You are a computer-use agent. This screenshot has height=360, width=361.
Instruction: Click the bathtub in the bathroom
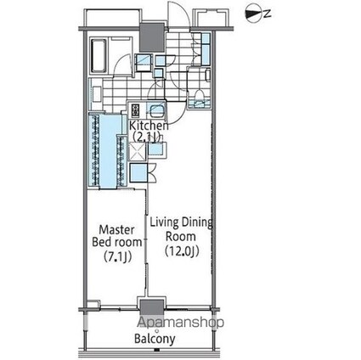tap(99, 55)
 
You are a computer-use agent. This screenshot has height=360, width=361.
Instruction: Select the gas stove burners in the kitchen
tap(135, 110)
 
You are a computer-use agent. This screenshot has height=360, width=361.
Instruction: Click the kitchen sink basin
tap(155, 111)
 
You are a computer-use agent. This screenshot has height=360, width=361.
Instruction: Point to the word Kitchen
tap(149, 126)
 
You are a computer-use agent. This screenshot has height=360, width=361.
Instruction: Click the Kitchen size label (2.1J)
tap(146, 138)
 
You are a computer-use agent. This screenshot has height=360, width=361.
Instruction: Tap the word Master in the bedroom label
tap(116, 230)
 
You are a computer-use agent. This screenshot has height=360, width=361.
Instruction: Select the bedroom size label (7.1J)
tap(118, 256)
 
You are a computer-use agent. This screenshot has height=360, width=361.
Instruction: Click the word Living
tap(164, 222)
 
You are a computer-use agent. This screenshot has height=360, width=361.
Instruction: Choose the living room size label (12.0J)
tap(182, 250)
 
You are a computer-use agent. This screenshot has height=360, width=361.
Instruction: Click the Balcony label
tap(155, 339)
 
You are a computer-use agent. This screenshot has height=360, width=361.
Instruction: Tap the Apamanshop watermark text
tap(181, 322)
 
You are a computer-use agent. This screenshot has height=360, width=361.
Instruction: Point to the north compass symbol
tap(254, 14)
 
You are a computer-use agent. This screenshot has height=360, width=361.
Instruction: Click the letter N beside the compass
tap(268, 14)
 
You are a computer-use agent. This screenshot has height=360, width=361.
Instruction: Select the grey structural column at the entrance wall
tap(152, 37)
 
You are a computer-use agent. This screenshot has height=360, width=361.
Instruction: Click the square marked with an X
tap(137, 151)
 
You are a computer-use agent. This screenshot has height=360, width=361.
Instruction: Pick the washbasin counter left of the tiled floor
tap(95, 94)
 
